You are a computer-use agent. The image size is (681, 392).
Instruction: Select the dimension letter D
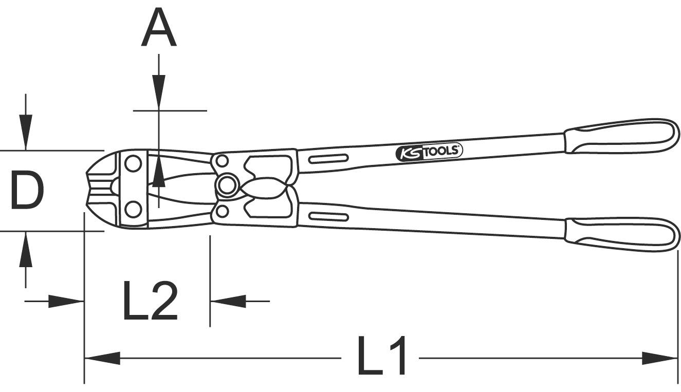[27, 191]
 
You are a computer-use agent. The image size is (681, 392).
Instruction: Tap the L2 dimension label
[150, 301]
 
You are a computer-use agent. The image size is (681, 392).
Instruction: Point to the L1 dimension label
[382, 356]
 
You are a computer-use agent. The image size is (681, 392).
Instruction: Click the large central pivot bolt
[227, 186]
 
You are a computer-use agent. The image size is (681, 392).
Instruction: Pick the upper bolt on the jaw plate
[133, 164]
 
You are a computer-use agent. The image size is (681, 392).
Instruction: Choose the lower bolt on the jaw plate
[133, 210]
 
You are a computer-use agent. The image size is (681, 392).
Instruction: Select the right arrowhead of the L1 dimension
[660, 358]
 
